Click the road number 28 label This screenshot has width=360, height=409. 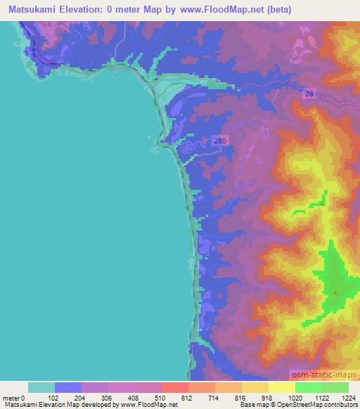(x=310, y=93)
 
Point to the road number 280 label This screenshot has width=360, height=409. (x=220, y=141)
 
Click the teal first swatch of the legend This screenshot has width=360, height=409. (x=41, y=387)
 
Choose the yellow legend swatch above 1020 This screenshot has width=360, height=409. (x=281, y=387)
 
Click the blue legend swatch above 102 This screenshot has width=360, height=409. (x=68, y=387)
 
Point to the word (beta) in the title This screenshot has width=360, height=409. (x=274, y=9)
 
